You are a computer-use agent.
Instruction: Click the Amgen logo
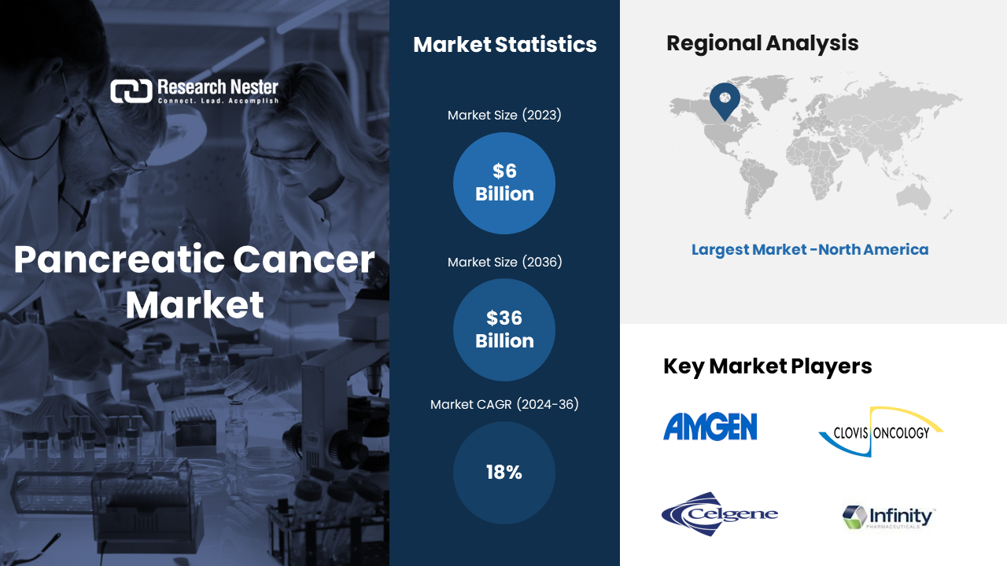pos(710,426)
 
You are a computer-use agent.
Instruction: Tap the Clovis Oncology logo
pos(881,432)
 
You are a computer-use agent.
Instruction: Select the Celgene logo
pos(719,514)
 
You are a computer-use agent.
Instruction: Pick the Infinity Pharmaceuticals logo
pos(888,517)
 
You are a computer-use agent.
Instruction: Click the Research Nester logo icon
pos(131,91)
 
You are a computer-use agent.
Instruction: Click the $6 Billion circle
pos(504,183)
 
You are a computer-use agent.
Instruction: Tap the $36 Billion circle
pos(504,329)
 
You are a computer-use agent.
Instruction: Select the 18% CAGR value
pos(504,472)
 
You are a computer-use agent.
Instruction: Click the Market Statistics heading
pos(505,45)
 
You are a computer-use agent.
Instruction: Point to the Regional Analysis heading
pos(762,43)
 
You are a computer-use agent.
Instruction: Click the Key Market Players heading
pos(767,366)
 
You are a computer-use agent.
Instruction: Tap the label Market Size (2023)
pos(504,115)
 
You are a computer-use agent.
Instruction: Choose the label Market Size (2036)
pos(505,262)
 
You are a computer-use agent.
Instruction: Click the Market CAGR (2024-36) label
pos(504,404)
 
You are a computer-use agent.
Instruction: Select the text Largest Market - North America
pos(810,249)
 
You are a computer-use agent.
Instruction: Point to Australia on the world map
pos(913,198)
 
